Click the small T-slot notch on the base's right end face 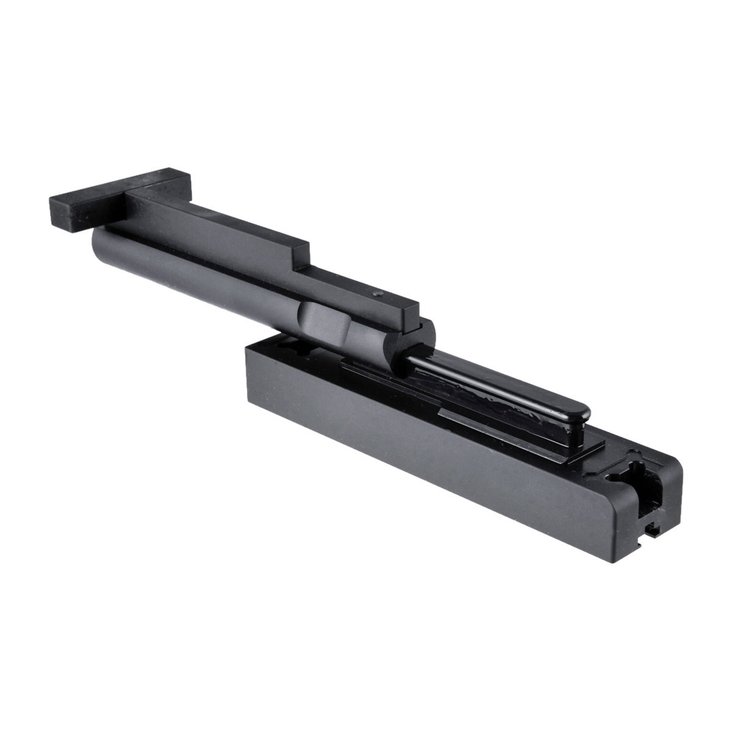pyautogui.click(x=652, y=530)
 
